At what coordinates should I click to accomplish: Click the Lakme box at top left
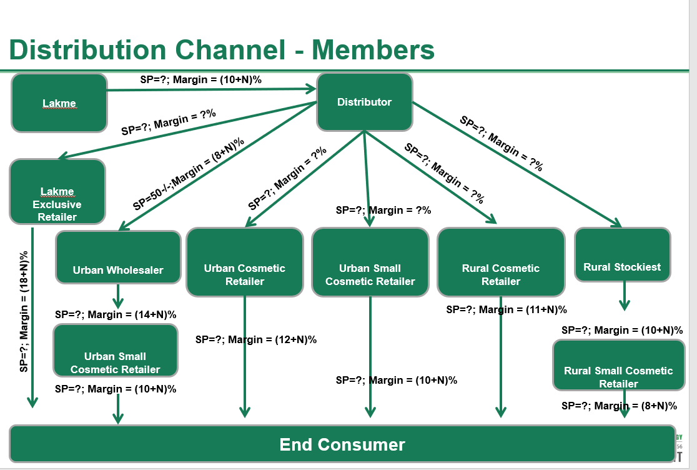point(59,103)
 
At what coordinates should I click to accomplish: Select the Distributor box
point(365,102)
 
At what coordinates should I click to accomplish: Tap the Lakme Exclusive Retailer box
point(57,192)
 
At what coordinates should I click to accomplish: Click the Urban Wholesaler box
point(118,257)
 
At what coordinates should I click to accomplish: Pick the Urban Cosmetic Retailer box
point(245,262)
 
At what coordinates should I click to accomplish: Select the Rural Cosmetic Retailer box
point(501,262)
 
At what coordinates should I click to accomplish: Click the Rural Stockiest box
point(622,255)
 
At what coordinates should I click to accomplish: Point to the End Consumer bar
point(342,444)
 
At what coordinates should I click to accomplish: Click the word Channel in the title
point(228,49)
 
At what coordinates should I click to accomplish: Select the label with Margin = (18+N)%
point(24,311)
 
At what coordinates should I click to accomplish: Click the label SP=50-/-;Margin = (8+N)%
point(188,174)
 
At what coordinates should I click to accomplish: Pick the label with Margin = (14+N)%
point(116,314)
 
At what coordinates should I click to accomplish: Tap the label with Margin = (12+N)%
point(256,339)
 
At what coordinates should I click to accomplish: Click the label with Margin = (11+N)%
point(507,309)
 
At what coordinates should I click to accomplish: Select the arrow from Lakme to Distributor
point(212,90)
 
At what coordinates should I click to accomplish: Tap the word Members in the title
point(373,49)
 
